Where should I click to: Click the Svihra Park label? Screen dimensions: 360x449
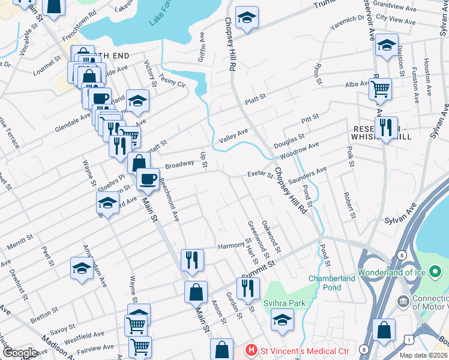(285, 303)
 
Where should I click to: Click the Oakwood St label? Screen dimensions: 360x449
(272, 235)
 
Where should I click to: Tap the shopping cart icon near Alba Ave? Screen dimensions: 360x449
(380, 89)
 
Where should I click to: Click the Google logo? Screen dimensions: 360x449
(19, 353)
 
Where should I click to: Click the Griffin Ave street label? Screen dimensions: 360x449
(203, 52)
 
